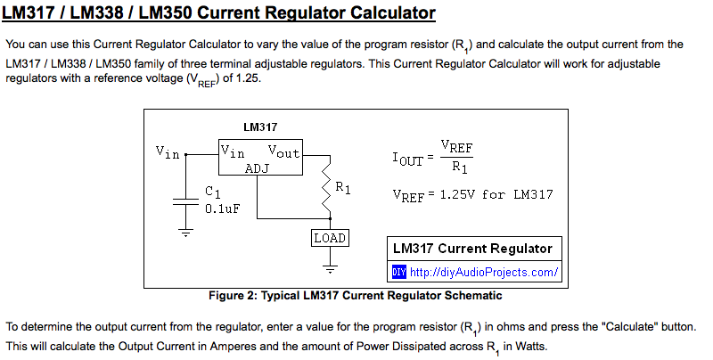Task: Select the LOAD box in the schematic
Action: point(329,238)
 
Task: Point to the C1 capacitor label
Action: point(212,192)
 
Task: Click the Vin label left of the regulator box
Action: point(168,151)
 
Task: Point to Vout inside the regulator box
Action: point(284,151)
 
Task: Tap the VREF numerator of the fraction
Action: point(457,147)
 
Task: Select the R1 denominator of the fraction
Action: point(457,167)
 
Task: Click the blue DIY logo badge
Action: point(399,272)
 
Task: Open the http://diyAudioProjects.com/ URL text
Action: point(484,272)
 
